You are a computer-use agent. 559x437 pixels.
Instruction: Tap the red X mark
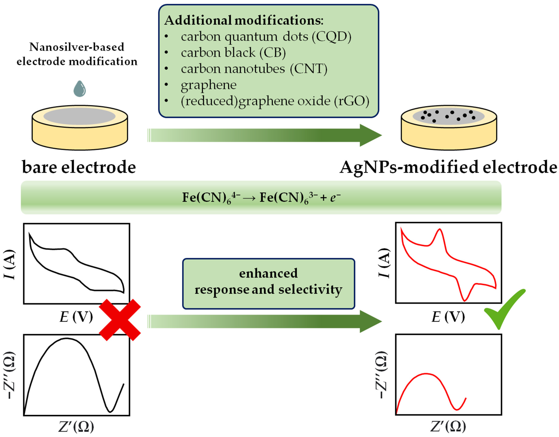(x=120, y=320)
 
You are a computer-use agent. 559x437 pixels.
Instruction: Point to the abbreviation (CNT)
(x=309, y=69)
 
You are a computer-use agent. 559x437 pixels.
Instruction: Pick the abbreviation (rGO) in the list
(x=352, y=101)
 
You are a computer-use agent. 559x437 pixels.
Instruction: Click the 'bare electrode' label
(x=79, y=167)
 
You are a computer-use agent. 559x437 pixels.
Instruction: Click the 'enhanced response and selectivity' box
(x=268, y=284)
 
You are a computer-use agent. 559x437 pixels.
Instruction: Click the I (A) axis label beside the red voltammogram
(x=384, y=263)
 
